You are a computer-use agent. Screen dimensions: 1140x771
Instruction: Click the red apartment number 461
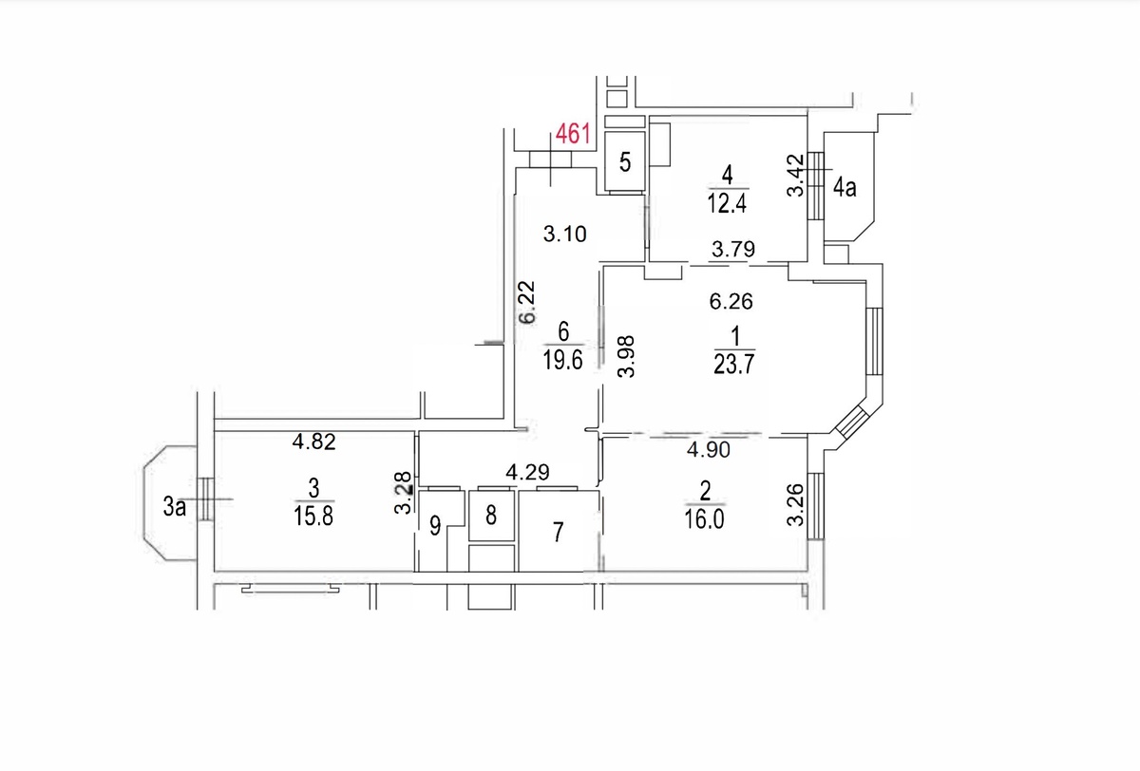(x=573, y=134)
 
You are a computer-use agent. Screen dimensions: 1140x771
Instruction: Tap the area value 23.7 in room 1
(x=733, y=365)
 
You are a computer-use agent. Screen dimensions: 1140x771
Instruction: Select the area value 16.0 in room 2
(x=704, y=519)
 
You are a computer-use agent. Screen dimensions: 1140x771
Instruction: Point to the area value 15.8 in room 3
(x=313, y=517)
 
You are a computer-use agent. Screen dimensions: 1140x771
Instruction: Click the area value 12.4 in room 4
(x=727, y=203)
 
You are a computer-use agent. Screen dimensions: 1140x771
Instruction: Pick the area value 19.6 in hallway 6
(x=562, y=360)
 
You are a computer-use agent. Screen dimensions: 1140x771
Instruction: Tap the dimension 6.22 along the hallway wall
(x=527, y=302)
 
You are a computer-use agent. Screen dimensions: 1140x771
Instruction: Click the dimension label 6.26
(x=731, y=302)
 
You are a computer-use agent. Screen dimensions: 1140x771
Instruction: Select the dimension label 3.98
(x=626, y=356)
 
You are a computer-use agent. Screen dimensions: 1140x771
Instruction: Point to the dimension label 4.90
(x=709, y=449)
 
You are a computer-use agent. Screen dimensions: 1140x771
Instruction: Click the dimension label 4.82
(x=314, y=442)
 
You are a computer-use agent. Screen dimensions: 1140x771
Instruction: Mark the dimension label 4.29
(x=528, y=473)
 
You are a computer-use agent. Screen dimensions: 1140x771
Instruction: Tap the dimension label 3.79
(x=733, y=249)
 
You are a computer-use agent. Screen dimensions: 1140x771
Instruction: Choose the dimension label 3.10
(x=565, y=234)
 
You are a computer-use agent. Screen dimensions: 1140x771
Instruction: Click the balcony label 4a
(x=845, y=188)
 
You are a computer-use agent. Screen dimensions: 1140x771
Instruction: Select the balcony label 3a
(x=174, y=506)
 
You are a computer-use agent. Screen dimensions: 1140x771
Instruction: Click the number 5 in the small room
(x=625, y=162)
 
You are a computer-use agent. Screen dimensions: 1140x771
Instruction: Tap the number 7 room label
(x=559, y=532)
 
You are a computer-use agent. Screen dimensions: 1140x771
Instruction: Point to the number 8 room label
(x=491, y=516)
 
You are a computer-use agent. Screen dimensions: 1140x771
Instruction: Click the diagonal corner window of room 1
(x=851, y=422)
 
